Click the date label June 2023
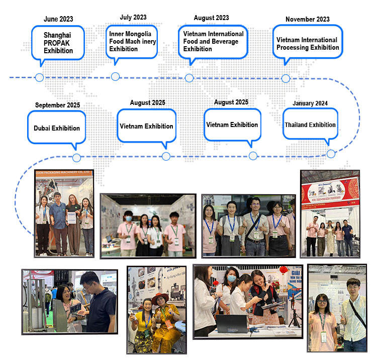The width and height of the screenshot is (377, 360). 58,19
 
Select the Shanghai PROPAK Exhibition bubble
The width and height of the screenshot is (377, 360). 58,43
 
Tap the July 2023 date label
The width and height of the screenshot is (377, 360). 133,17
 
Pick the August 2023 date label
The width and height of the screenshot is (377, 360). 211,18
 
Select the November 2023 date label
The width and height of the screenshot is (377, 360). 307,19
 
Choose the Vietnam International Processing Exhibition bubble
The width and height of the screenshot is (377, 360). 307,44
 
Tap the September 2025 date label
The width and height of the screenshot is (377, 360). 57,105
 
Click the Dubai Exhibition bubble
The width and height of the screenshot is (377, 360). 57,128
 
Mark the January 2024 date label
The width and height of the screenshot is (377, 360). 310,103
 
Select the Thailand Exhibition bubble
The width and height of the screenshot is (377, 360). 310,125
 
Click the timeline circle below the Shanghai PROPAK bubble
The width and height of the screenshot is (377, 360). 39,77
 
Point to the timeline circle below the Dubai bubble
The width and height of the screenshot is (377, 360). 76,157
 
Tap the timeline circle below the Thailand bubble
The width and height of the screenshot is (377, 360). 331,154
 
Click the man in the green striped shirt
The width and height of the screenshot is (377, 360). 354,314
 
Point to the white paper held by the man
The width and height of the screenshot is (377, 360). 71,217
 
